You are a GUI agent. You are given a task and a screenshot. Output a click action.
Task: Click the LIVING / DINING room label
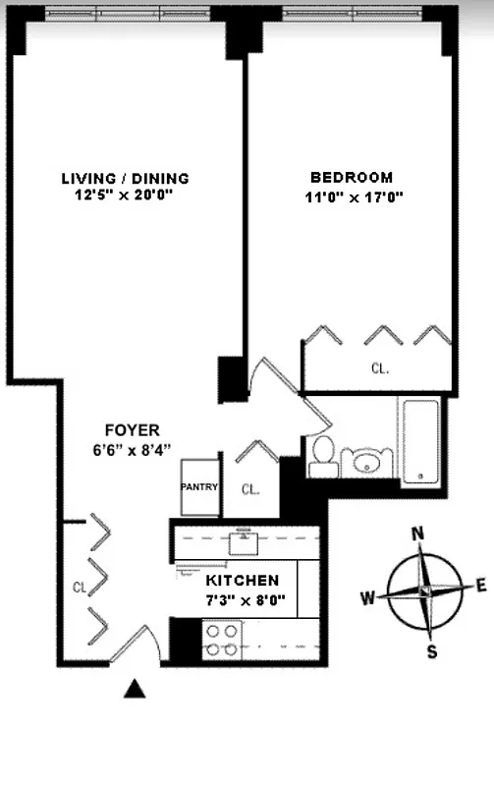click(x=125, y=178)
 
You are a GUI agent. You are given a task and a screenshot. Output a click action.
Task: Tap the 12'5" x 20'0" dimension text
click(x=125, y=196)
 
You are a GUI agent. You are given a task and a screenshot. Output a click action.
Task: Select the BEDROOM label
click(x=352, y=178)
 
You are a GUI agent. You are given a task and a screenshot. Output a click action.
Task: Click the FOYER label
click(x=132, y=430)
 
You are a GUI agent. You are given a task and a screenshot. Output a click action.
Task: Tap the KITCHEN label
click(x=242, y=581)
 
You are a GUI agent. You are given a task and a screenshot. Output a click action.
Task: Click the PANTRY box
click(x=199, y=486)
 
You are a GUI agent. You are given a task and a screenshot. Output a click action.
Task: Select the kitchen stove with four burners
click(x=221, y=640)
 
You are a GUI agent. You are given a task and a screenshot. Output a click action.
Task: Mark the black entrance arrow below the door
click(x=136, y=691)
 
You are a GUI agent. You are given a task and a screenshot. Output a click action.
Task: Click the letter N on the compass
click(x=417, y=534)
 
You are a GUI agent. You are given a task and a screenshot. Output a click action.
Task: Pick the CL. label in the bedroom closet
click(x=380, y=369)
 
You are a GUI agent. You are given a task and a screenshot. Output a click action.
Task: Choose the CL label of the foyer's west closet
click(x=81, y=588)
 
